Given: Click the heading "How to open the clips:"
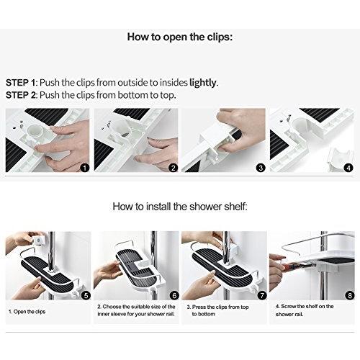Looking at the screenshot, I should (179, 35).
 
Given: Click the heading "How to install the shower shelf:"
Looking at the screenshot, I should (179, 207).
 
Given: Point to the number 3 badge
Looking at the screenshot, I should (261, 167).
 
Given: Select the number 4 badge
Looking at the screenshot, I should (348, 167).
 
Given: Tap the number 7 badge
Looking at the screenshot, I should (261, 295).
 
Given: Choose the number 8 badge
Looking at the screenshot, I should (348, 295).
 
